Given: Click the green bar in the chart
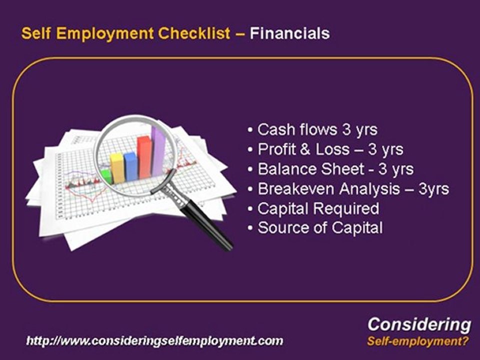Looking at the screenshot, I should click(x=106, y=176).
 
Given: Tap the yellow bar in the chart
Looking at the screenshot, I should click(x=117, y=168).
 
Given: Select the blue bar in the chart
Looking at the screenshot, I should click(x=130, y=167).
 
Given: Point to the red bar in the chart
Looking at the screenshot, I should click(x=144, y=157).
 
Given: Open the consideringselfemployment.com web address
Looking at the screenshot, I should click(x=154, y=341).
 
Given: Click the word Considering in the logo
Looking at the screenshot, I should click(x=419, y=325).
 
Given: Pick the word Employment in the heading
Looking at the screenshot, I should click(x=97, y=33).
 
